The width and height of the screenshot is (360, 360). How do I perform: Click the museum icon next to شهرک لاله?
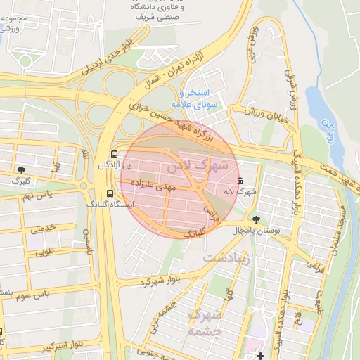coord(240,181)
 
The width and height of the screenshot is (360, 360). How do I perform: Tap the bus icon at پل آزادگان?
coord(113,154)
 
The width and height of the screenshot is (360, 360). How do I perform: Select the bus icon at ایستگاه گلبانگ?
coord(109,193)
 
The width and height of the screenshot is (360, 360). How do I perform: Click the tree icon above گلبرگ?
coord(22,169)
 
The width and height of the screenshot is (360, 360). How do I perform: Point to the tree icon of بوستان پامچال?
coord(255,219)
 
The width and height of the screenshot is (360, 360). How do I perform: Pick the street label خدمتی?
coord(42,229)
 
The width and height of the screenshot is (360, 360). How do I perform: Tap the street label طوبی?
coord(45,250)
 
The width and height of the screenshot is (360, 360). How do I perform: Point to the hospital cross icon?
coord(260,355)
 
